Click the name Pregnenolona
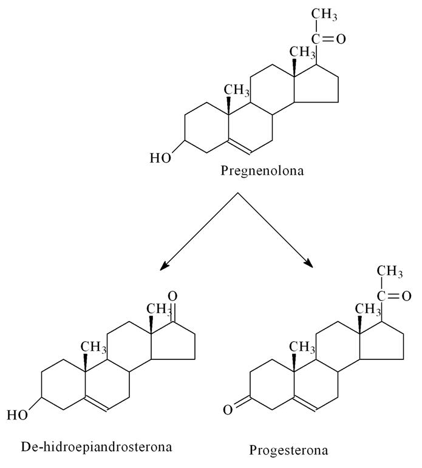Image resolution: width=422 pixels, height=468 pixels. point(262,171)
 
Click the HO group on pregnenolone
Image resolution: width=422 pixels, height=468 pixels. point(161,158)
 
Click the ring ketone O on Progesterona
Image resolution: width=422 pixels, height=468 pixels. point(228,410)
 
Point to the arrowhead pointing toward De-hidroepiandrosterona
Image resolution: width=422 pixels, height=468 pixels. point(162,265)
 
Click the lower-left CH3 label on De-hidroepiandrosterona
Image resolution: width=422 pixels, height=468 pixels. point(94,347)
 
